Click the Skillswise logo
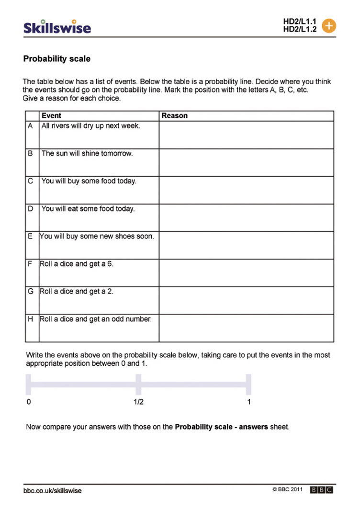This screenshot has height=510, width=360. [x=57, y=27]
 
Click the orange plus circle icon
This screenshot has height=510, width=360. [x=329, y=25]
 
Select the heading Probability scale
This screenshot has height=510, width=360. [x=56, y=59]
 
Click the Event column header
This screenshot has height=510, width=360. [x=51, y=116]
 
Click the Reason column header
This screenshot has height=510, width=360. [x=175, y=116]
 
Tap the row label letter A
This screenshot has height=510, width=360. [x=31, y=126]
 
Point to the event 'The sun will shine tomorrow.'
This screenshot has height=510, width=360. [x=87, y=154]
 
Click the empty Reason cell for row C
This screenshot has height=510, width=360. [x=246, y=190]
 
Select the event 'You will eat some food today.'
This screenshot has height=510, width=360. [x=88, y=209]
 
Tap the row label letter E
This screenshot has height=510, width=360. [x=31, y=236]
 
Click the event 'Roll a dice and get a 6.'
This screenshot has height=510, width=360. [x=77, y=264]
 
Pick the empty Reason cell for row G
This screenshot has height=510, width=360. [x=246, y=300]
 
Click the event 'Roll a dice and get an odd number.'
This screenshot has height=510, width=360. [x=96, y=319]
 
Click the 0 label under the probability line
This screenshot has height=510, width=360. [x=29, y=402]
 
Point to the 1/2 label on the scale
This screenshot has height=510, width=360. [x=138, y=402]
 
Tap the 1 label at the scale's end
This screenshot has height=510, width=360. [x=249, y=402]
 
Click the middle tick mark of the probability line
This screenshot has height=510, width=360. [x=138, y=384]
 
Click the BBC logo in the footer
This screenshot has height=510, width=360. [x=321, y=490]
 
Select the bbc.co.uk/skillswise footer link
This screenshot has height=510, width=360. [x=53, y=491]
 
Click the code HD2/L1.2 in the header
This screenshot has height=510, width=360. [x=299, y=29]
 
